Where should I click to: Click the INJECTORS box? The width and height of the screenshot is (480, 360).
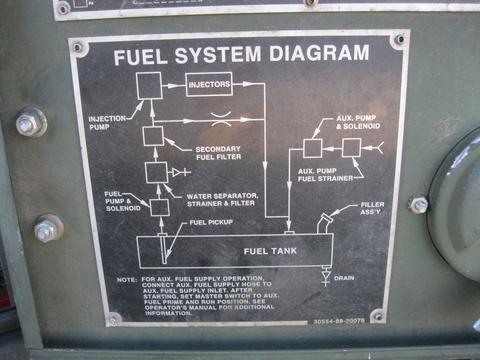pos(209,84)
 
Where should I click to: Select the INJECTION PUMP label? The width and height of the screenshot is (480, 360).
pos(107,122)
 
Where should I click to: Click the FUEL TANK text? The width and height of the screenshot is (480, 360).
pos(270,251)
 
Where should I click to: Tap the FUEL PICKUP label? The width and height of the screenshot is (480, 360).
pos(211,222)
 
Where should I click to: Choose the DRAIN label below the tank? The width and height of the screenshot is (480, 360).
pos(344,278)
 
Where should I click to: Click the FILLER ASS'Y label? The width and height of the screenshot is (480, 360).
pos(373,208)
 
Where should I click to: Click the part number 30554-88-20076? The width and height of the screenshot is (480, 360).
pos(338,322)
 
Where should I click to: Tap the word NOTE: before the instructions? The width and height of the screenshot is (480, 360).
pos(127,280)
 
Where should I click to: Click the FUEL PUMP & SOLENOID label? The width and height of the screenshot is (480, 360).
pos(122,201)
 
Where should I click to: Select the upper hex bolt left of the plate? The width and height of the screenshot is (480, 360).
pos(31,123)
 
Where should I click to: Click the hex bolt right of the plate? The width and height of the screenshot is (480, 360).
pos(418,204)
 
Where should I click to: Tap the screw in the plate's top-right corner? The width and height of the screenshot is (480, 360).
pos(399,40)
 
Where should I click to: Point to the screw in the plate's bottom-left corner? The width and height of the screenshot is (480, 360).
pos(112,321)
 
